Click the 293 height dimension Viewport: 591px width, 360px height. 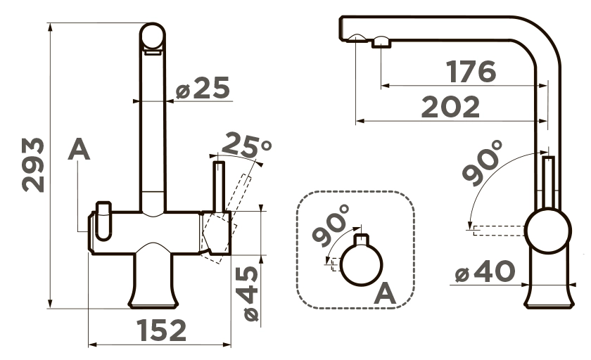(33, 165)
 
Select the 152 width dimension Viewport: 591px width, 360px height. (161, 330)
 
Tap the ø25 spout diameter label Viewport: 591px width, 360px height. (203, 88)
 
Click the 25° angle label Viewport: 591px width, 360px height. (246, 146)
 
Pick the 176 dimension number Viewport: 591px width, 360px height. (471, 71)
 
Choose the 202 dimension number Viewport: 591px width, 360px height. (450, 107)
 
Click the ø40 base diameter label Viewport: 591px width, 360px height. (485, 271)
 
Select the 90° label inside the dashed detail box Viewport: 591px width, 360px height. (331, 225)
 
